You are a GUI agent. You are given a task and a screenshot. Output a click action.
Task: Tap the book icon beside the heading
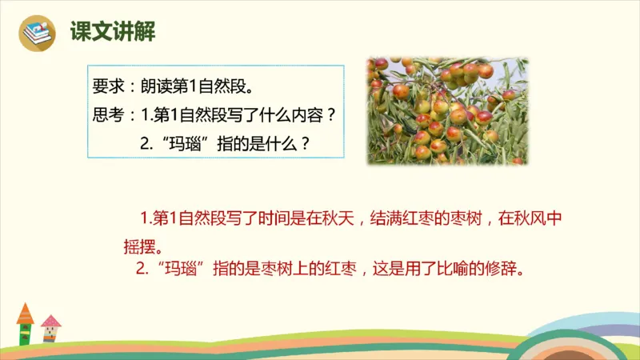[x=38, y=34]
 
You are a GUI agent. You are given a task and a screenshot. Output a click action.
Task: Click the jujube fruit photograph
[x=447, y=110]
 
